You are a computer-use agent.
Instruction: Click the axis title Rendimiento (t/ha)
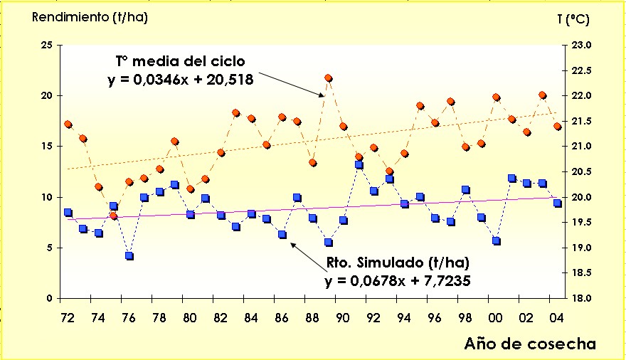pyautogui.click(x=90, y=17)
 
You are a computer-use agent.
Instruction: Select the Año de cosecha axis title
pyautogui.click(x=531, y=344)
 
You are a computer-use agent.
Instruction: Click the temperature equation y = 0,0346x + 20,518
pyautogui.click(x=181, y=80)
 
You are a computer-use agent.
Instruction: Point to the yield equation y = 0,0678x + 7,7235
pyautogui.click(x=398, y=280)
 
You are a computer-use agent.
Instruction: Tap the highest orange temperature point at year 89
pyautogui.click(x=329, y=78)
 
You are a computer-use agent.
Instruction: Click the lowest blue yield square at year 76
pyautogui.click(x=129, y=255)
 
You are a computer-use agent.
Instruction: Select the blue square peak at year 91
pyautogui.click(x=359, y=165)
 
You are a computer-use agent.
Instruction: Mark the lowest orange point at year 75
pyautogui.click(x=114, y=216)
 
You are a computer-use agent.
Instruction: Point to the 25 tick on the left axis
pyautogui.click(x=48, y=45)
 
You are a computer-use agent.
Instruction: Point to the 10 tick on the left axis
pyautogui.click(x=48, y=197)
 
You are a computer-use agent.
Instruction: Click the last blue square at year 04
pyautogui.click(x=558, y=203)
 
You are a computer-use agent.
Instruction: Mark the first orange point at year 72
pyautogui.click(x=68, y=124)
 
